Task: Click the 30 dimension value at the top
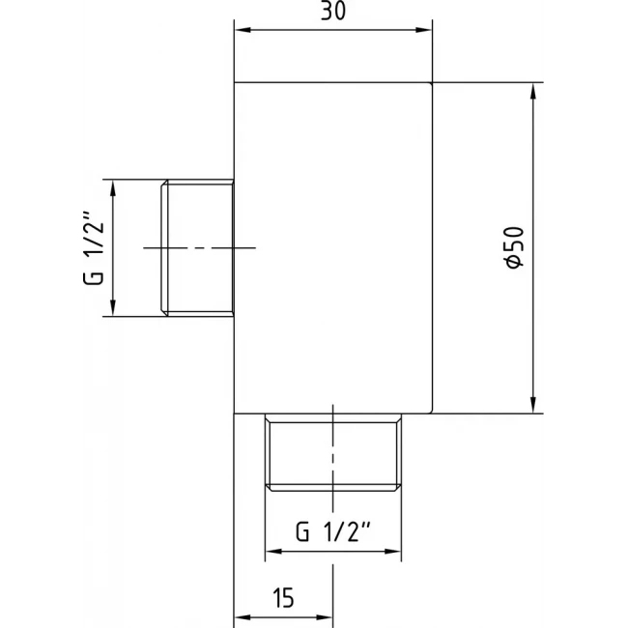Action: point(332,11)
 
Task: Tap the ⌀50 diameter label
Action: point(515,248)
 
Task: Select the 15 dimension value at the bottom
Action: point(283,598)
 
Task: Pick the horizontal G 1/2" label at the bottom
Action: point(333,531)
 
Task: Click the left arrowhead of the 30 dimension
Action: point(243,30)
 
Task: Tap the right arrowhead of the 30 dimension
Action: point(424,30)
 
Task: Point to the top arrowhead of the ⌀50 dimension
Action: point(532,91)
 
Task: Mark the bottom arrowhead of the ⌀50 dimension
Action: point(532,405)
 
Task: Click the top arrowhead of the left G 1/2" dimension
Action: point(113,188)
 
